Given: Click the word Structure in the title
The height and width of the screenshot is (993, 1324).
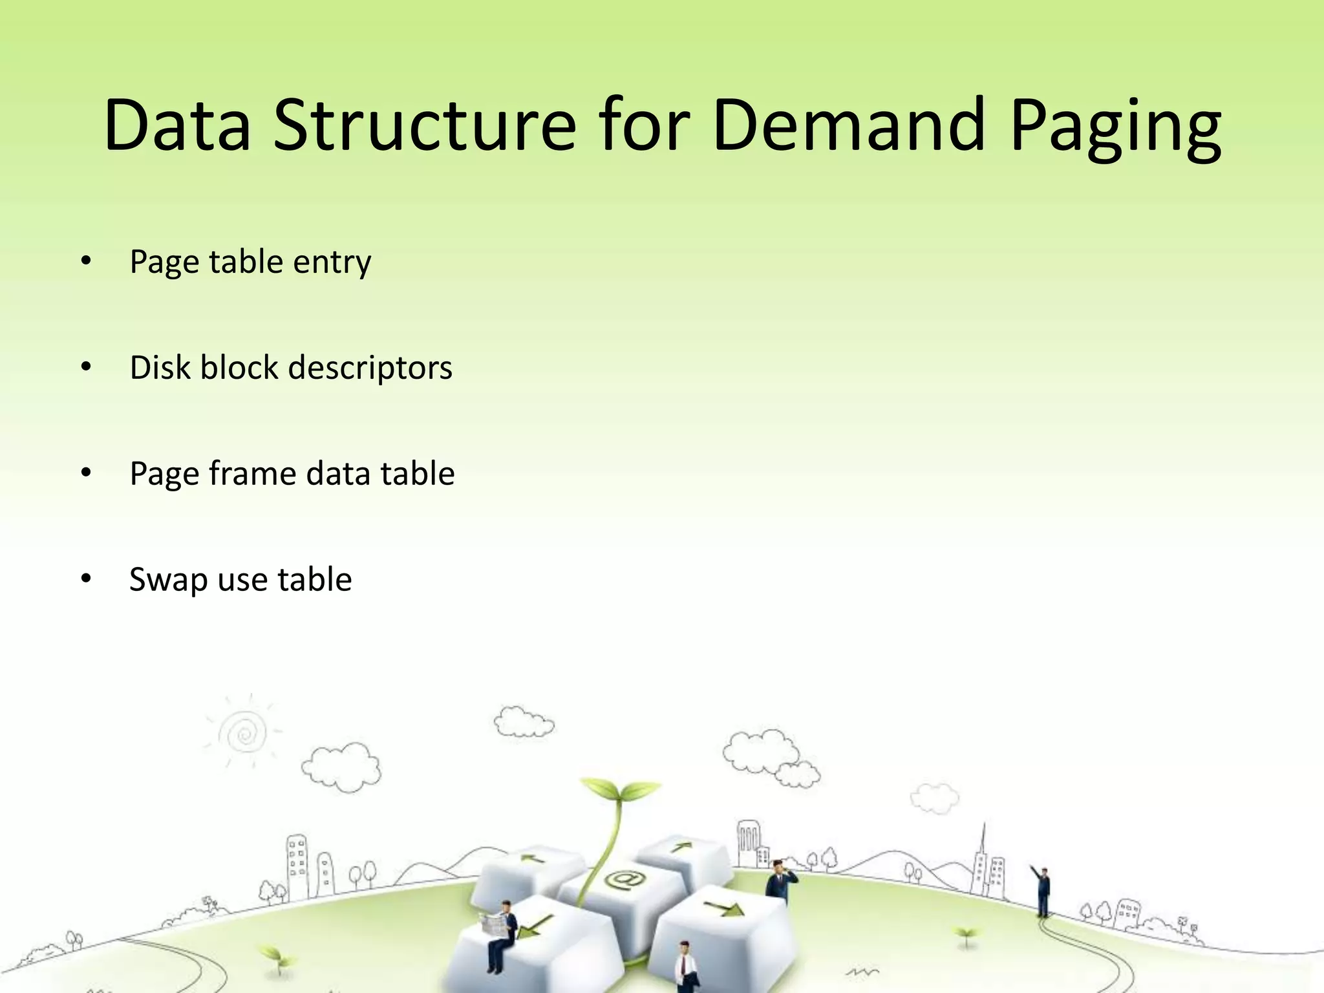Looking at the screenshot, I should pyautogui.click(x=424, y=126).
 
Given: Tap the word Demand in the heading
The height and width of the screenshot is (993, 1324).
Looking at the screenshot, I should pyautogui.click(x=848, y=126).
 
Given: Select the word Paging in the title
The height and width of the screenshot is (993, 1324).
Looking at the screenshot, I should pyautogui.click(x=1115, y=126).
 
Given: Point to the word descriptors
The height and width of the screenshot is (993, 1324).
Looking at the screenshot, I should pyautogui.click(x=370, y=368).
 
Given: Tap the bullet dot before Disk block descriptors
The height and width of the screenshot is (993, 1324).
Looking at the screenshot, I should pyautogui.click(x=87, y=367).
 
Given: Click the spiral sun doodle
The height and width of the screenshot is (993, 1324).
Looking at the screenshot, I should pyautogui.click(x=244, y=733).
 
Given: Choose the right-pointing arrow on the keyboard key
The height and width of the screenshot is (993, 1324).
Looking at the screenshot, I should pyautogui.click(x=725, y=909).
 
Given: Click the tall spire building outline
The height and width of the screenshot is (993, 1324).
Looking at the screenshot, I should pyautogui.click(x=984, y=860).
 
